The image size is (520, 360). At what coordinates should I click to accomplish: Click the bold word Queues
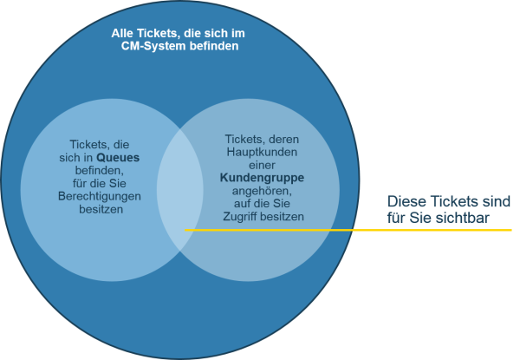tap(118, 158)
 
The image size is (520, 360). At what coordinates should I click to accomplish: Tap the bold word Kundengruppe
tap(262, 178)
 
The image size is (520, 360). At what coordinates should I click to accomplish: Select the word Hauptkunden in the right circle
tap(262, 152)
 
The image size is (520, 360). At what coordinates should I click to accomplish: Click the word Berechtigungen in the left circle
tap(100, 196)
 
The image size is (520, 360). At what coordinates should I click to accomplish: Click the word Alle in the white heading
tap(123, 33)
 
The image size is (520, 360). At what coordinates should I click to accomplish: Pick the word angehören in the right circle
tap(262, 191)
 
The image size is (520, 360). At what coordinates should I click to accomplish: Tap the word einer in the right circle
tap(262, 165)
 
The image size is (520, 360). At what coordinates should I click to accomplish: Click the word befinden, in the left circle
tap(100, 171)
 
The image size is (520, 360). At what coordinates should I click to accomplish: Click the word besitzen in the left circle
tap(101, 209)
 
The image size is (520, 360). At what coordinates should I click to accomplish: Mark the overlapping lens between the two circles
tap(180, 190)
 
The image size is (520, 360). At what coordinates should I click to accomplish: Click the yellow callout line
tap(348, 230)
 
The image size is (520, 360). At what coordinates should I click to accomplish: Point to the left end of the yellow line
tap(185, 230)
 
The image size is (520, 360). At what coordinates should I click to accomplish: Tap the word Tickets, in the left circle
tap(90, 145)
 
